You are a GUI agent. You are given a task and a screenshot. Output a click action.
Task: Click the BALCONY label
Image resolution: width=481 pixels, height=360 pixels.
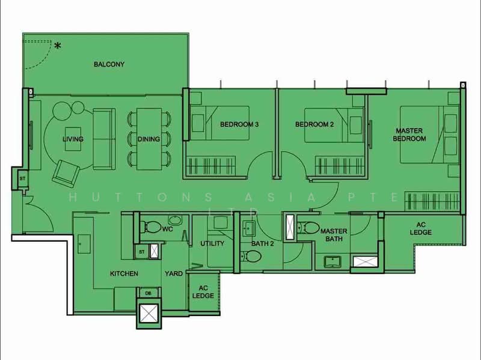109,64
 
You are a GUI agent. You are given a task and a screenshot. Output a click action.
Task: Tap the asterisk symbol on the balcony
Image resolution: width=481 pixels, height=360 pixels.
58,46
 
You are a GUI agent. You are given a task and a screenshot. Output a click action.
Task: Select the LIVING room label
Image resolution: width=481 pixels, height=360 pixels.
73,139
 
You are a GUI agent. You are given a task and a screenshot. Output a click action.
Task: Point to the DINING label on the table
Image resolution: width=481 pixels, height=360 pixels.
149,139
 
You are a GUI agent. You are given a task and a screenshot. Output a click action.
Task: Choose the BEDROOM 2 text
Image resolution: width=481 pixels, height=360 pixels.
314,125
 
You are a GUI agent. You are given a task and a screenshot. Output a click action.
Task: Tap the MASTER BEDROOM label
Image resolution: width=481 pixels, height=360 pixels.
409,135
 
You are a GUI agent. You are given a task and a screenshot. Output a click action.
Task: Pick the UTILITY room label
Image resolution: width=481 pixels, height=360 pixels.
212,243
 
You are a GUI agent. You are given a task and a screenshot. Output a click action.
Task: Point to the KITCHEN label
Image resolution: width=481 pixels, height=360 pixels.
124,273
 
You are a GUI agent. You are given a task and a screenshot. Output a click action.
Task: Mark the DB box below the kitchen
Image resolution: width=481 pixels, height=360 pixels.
148,293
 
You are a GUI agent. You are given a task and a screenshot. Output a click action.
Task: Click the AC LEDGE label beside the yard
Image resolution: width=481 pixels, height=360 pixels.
203,291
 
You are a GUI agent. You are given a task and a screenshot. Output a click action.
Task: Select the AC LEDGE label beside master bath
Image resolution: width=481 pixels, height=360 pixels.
421,229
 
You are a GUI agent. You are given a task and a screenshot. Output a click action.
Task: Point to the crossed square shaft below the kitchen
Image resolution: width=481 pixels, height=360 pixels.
148,314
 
